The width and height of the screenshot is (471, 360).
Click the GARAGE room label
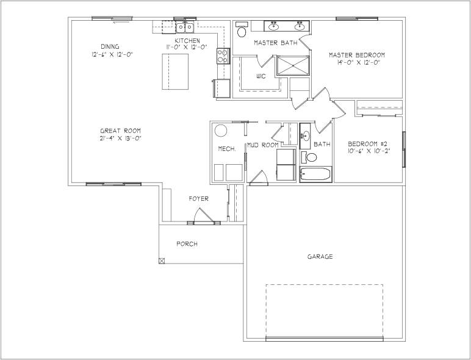click(x=320, y=257)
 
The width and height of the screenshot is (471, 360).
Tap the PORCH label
click(x=187, y=244)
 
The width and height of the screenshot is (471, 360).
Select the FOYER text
click(x=198, y=199)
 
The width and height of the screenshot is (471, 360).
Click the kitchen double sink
click(x=185, y=27)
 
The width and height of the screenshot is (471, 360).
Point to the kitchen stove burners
click(x=223, y=56)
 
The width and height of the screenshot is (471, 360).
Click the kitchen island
click(x=175, y=71)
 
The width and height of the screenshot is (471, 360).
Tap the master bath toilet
click(x=241, y=29)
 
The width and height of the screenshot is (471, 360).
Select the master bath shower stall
click(x=293, y=65)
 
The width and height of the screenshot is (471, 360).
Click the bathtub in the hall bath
click(x=315, y=174)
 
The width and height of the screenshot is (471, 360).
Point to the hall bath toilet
click(x=309, y=157)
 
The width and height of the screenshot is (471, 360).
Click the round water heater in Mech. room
click(x=221, y=131)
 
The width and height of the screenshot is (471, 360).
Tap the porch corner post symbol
click(x=162, y=261)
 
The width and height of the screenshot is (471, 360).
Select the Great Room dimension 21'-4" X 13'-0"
click(x=120, y=139)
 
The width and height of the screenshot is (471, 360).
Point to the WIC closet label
click(x=261, y=76)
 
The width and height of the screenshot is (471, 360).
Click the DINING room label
click(x=110, y=46)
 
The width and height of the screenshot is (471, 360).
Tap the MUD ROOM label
click(x=263, y=145)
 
